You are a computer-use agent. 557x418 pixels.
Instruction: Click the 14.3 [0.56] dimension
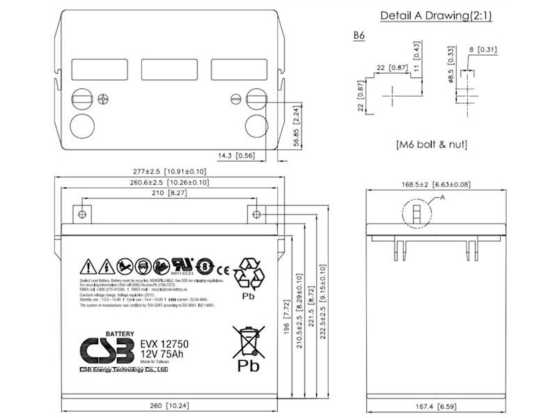click(235, 156)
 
